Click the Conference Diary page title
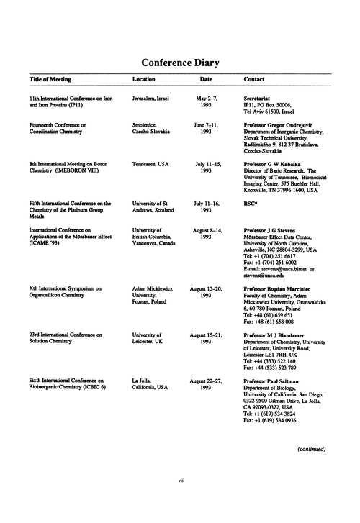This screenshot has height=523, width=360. coord(179,62)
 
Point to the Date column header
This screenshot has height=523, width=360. coord(206,79)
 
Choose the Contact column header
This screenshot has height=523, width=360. coord(255,79)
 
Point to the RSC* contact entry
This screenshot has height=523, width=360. coord(252,205)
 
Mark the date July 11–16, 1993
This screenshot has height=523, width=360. coord(206,209)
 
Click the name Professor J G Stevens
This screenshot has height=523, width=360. coord(271,229)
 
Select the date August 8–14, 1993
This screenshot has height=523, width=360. coord(206,233)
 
